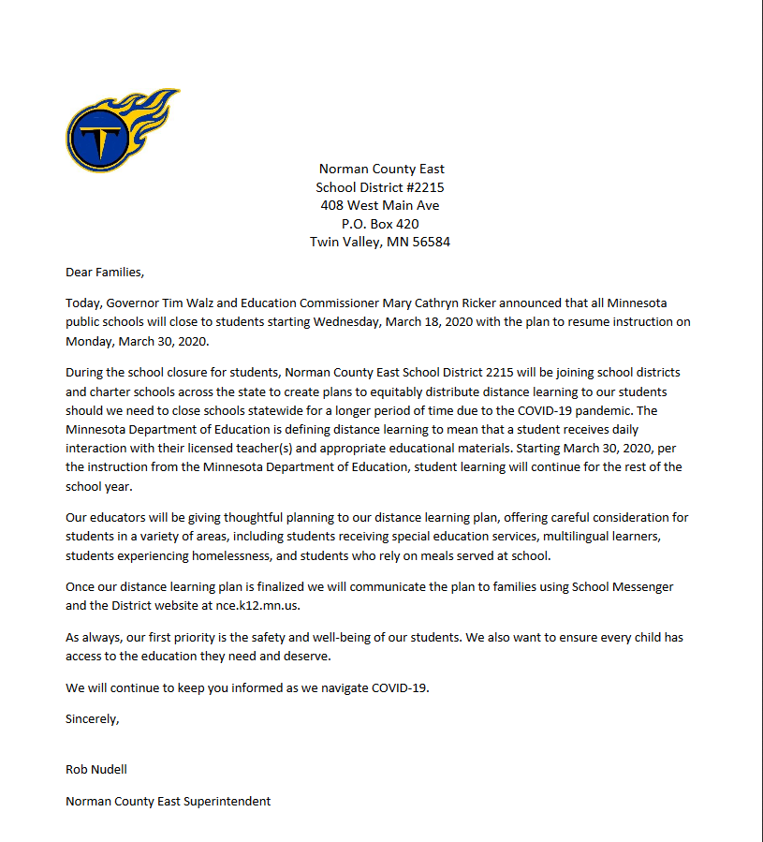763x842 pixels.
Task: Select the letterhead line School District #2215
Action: (381, 187)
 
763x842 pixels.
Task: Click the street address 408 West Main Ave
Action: (381, 205)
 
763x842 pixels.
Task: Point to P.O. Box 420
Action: (381, 224)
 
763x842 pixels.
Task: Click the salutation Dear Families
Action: (105, 273)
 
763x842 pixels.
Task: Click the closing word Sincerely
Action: (92, 719)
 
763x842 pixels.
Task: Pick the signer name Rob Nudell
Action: (96, 770)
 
